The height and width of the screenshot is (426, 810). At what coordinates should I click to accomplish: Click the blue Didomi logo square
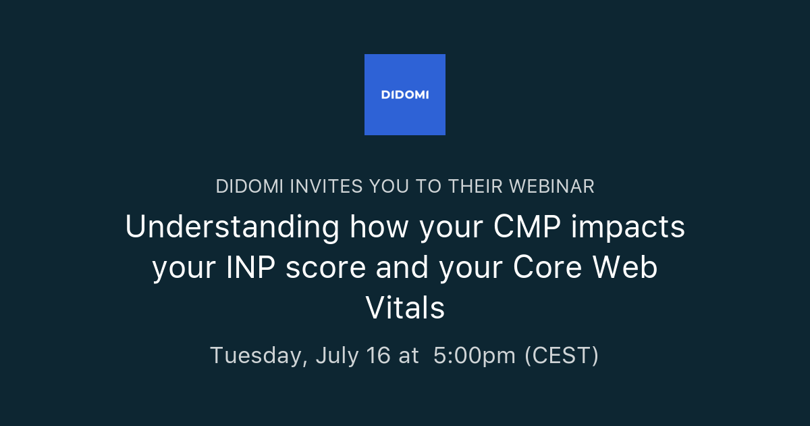point(404,95)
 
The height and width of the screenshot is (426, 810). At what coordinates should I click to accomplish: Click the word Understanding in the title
point(232,228)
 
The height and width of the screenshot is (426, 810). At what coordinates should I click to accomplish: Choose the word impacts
point(628,228)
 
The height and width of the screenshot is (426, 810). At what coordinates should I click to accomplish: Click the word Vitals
point(405,308)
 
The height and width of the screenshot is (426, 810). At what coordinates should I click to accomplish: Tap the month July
point(337,355)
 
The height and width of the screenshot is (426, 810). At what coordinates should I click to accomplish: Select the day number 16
point(378,355)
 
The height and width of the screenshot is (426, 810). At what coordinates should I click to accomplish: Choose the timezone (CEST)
point(562,355)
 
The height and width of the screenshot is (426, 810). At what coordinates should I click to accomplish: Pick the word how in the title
point(379,228)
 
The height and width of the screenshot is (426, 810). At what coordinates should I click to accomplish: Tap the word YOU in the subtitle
point(385,187)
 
